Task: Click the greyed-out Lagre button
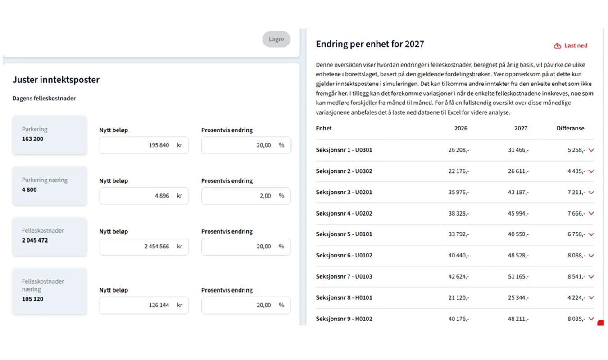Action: (276, 39)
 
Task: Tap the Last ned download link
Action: (570, 45)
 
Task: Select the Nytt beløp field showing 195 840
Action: (144, 145)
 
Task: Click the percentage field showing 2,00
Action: (245, 196)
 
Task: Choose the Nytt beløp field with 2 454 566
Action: (144, 247)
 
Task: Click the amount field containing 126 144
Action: (144, 305)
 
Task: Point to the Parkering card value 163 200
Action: (32, 139)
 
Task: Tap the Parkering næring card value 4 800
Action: (29, 189)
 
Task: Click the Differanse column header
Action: (570, 128)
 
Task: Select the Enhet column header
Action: (323, 128)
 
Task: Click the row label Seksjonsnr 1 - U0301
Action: (344, 150)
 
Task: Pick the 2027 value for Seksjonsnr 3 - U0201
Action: (518, 192)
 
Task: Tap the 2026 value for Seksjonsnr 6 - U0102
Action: (459, 255)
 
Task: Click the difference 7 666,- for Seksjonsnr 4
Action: (576, 213)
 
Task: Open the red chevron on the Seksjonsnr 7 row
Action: (591, 277)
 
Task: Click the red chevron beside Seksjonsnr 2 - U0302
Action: (591, 171)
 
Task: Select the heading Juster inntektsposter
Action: (56, 80)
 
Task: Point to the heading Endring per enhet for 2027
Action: (370, 44)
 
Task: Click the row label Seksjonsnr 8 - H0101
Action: (344, 297)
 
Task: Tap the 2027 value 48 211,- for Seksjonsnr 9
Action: (518, 319)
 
